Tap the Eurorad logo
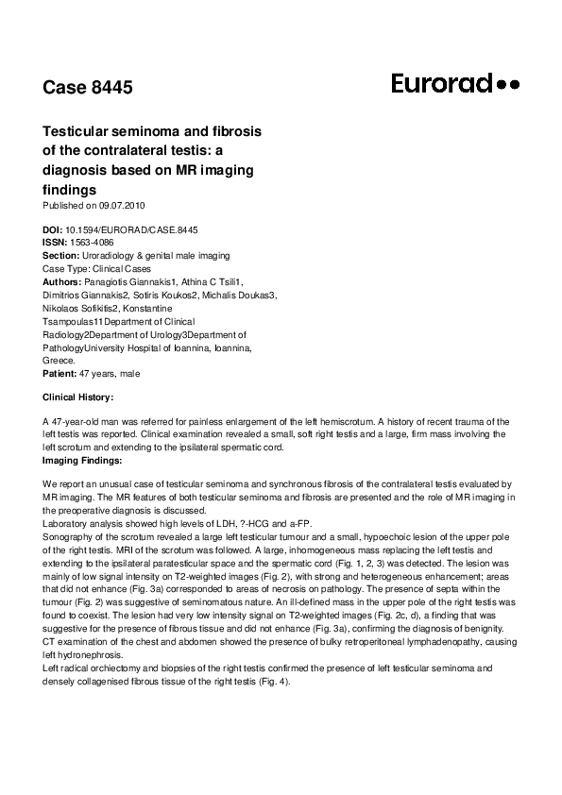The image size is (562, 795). click(x=455, y=84)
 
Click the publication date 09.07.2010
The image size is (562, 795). click(x=123, y=205)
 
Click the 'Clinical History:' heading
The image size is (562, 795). click(x=78, y=397)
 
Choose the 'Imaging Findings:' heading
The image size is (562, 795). click(x=82, y=460)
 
